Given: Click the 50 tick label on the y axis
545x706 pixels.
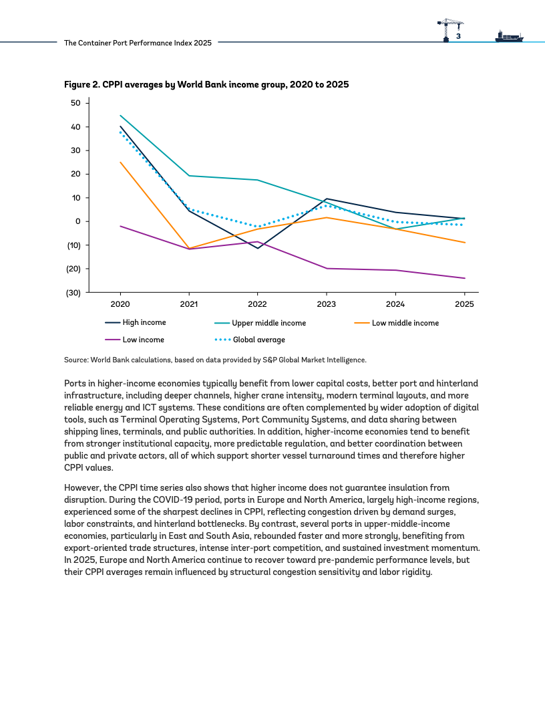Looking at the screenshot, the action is [75, 103].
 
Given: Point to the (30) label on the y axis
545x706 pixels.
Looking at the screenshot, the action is [73, 293].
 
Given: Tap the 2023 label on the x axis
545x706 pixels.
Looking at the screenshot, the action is [326, 304].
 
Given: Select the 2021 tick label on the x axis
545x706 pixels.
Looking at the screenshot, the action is [189, 304].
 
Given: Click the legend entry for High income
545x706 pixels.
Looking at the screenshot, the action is [136, 322].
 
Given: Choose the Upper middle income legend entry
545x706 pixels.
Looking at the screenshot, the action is [260, 323].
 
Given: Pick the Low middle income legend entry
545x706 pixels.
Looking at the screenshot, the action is [396, 323].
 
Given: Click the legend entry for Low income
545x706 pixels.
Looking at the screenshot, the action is [134, 340].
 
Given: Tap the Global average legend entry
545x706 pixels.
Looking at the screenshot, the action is [250, 340].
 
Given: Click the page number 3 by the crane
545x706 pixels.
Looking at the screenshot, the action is [458, 36].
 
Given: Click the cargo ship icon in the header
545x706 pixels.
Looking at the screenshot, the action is [509, 37].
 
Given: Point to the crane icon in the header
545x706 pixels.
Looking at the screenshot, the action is [450, 30].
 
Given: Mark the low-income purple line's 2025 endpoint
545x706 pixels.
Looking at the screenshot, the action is [464, 278].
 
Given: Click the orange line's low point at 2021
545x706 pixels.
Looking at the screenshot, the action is [189, 248].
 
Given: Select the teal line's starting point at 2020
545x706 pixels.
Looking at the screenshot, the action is [120, 115].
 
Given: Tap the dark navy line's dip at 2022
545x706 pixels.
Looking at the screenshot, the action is [258, 248].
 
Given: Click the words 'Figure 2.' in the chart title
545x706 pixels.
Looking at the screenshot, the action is [82, 85].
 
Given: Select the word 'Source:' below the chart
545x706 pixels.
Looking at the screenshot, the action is [76, 360].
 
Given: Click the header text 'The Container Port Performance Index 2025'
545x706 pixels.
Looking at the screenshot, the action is [138, 43].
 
